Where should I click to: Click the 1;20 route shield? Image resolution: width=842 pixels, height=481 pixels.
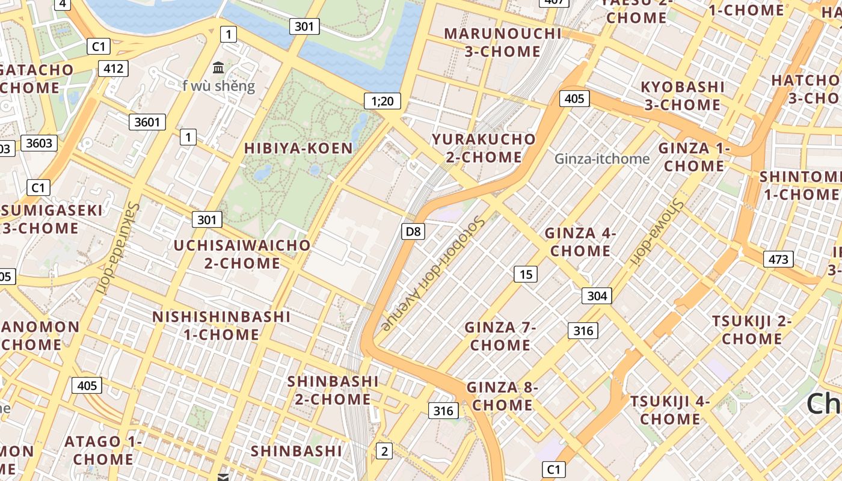point(383,101)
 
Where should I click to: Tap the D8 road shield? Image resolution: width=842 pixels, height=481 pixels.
point(413,231)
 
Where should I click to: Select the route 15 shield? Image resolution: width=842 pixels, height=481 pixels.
point(526,274)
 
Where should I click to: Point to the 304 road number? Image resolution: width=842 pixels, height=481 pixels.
point(597,295)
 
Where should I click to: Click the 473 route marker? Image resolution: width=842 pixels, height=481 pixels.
point(778,259)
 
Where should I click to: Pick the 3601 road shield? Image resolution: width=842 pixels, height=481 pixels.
point(147,122)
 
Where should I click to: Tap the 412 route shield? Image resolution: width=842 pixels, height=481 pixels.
point(113,69)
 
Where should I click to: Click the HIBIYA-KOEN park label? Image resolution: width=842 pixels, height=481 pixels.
point(298,148)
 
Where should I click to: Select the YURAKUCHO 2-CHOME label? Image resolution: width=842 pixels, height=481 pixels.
point(484,148)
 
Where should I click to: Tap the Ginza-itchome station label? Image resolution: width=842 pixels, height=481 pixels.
point(602,159)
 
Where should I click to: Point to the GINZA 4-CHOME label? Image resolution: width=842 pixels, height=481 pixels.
point(580,242)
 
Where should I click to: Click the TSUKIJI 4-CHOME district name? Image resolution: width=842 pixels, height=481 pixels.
point(670,409)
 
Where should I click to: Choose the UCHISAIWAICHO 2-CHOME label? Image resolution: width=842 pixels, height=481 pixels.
point(242,254)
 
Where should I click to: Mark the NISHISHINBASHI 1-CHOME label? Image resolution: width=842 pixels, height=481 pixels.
point(221,325)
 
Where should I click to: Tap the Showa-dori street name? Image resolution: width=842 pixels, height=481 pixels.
point(657,231)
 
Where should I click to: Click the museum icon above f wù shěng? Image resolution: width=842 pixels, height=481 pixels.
point(218,67)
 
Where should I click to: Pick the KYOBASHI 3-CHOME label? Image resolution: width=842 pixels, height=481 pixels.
point(683,96)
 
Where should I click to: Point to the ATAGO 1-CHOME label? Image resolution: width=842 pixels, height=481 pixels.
point(103,450)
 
